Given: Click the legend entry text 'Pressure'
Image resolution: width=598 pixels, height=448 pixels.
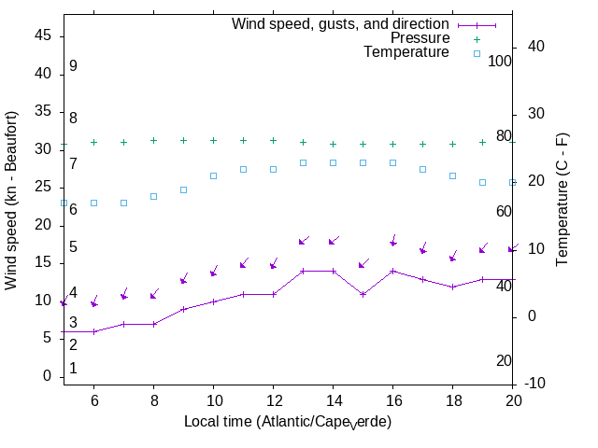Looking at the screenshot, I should (x=420, y=38).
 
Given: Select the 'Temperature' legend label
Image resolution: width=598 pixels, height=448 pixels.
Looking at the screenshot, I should (x=406, y=52).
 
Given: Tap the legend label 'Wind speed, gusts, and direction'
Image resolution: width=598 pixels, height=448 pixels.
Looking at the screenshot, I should (x=341, y=24).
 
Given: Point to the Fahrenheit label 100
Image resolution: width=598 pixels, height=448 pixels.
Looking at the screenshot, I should (x=501, y=62).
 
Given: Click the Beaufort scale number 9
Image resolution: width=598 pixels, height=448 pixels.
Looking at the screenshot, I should (x=73, y=66).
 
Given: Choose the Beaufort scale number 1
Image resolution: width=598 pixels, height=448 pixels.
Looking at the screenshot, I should (x=73, y=369).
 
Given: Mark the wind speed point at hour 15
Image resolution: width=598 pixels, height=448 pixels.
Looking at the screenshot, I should (x=363, y=294).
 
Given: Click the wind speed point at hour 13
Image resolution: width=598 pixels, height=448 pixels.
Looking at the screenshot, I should (x=303, y=272).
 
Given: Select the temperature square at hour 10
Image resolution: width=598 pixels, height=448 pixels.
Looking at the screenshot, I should (x=213, y=175).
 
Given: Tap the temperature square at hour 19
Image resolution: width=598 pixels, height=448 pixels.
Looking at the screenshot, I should (x=482, y=182).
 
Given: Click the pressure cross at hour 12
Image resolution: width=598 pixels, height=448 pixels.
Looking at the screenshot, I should (x=273, y=141).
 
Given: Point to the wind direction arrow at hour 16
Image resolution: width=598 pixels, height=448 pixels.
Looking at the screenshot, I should (x=393, y=241).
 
